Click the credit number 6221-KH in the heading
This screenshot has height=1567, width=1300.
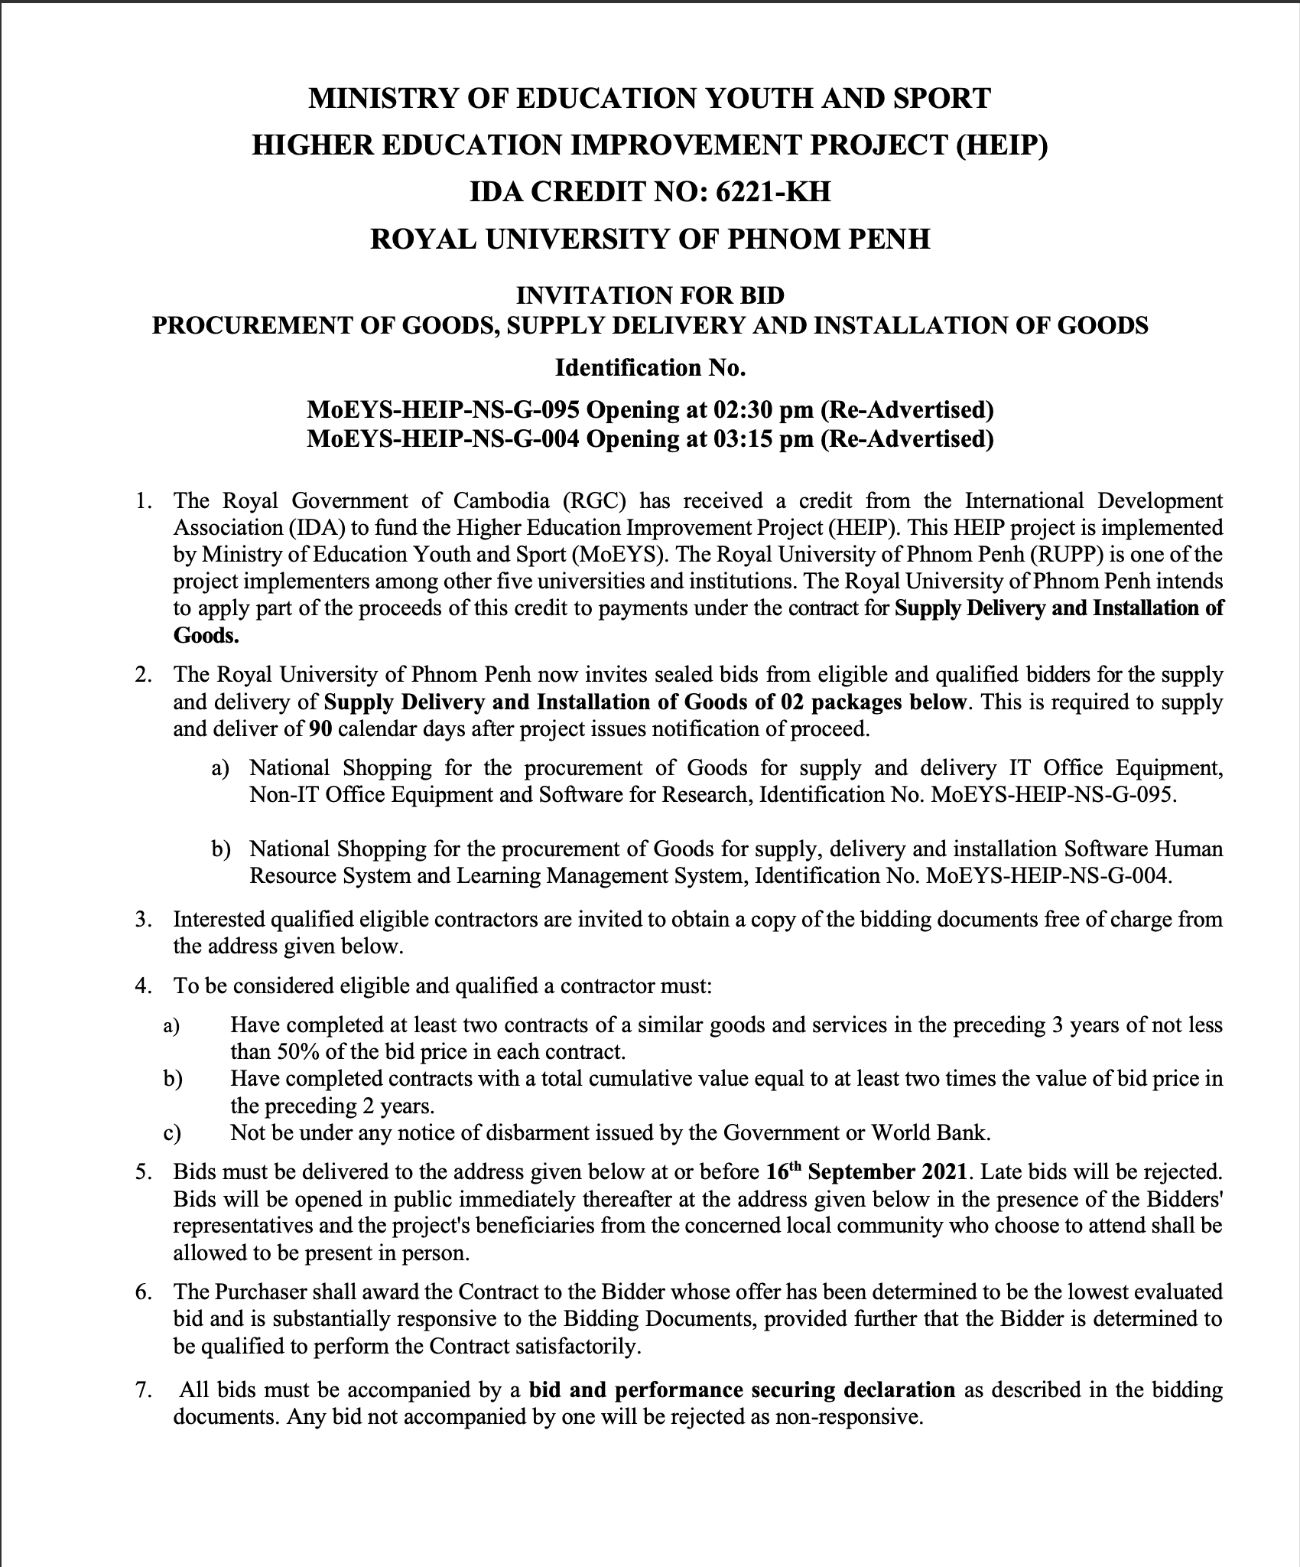tap(772, 191)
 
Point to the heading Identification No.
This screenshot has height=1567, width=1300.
tap(650, 368)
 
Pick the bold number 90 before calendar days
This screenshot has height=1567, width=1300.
tap(320, 728)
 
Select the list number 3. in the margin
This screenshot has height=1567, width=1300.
tap(144, 920)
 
